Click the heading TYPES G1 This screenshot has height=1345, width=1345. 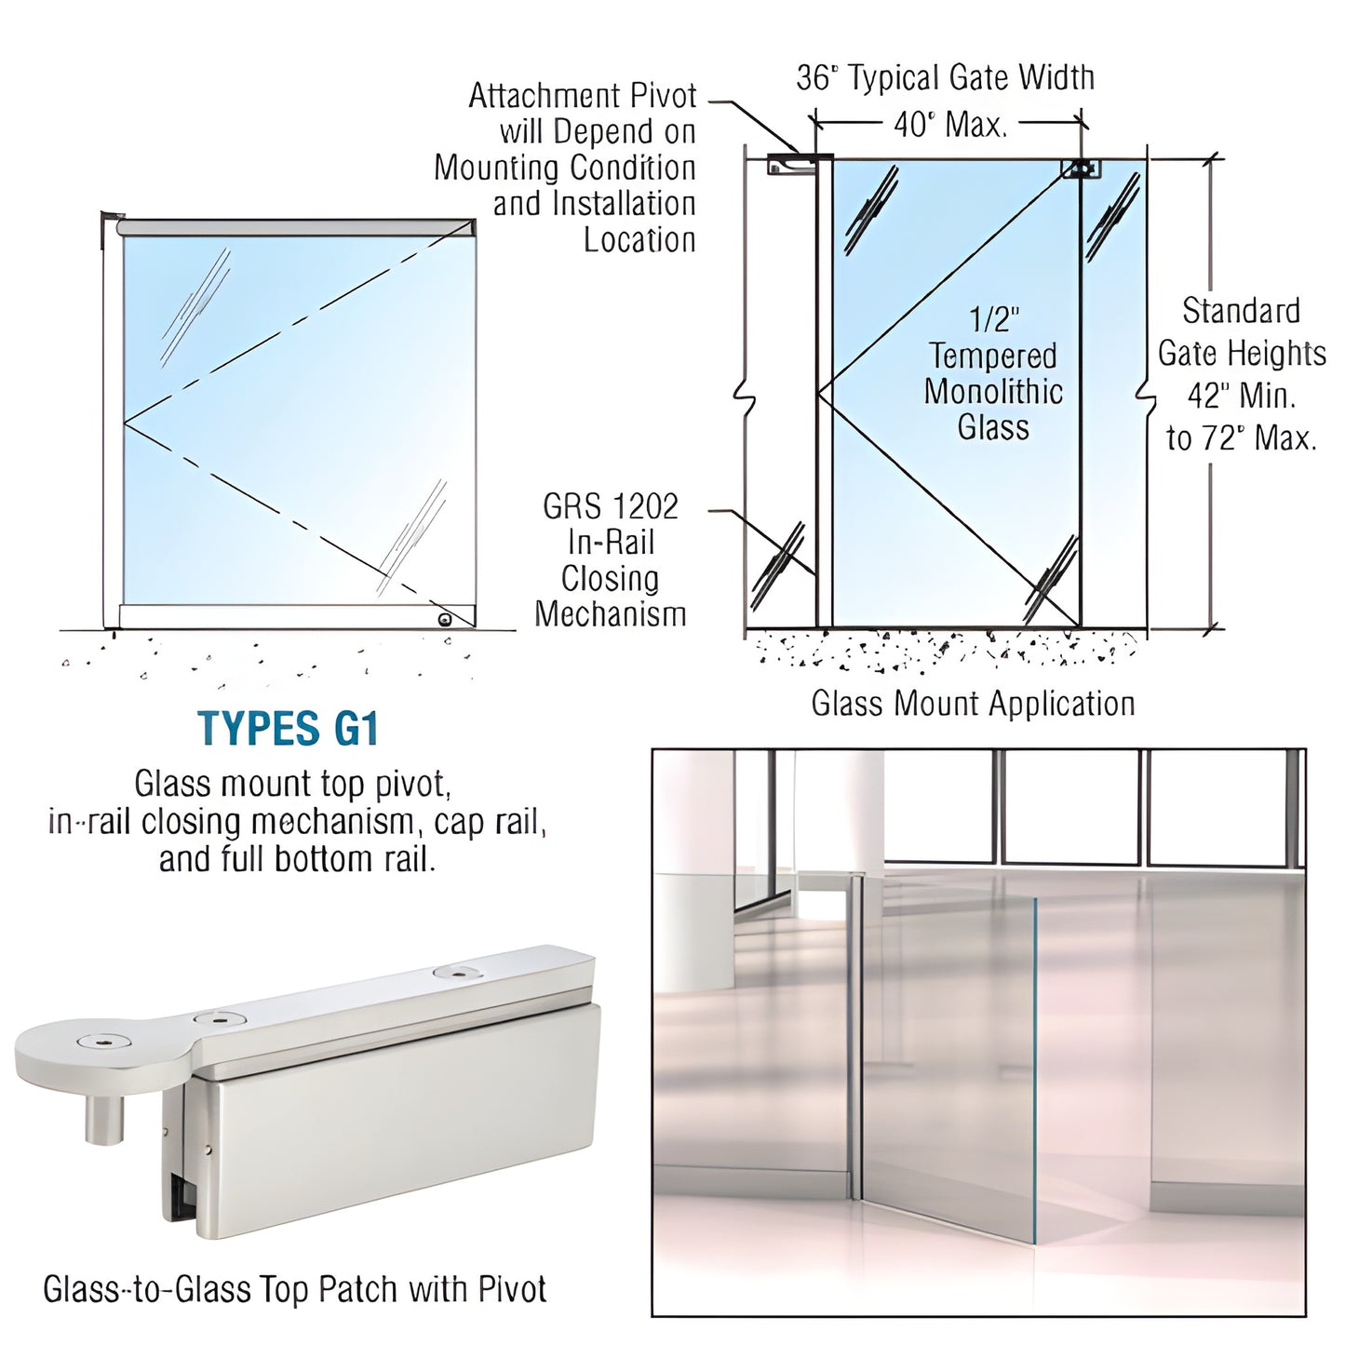289,729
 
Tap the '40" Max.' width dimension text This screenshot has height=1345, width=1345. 950,124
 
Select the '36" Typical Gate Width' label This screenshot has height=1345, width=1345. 945,78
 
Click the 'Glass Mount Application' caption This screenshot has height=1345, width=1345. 973,704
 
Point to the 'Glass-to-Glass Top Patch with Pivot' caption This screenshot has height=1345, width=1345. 294,1289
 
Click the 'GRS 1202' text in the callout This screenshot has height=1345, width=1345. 611,507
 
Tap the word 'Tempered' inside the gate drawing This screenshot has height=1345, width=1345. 992,356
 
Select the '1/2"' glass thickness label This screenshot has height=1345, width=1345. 994,320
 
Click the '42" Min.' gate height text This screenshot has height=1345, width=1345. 1241,396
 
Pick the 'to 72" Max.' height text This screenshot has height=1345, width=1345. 1241,437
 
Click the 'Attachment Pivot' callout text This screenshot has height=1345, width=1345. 582,96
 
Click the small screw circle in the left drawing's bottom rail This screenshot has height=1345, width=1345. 445,619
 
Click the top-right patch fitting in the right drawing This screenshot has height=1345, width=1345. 1082,168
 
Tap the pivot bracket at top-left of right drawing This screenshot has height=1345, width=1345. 789,166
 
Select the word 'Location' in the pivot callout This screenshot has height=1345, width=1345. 639,240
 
